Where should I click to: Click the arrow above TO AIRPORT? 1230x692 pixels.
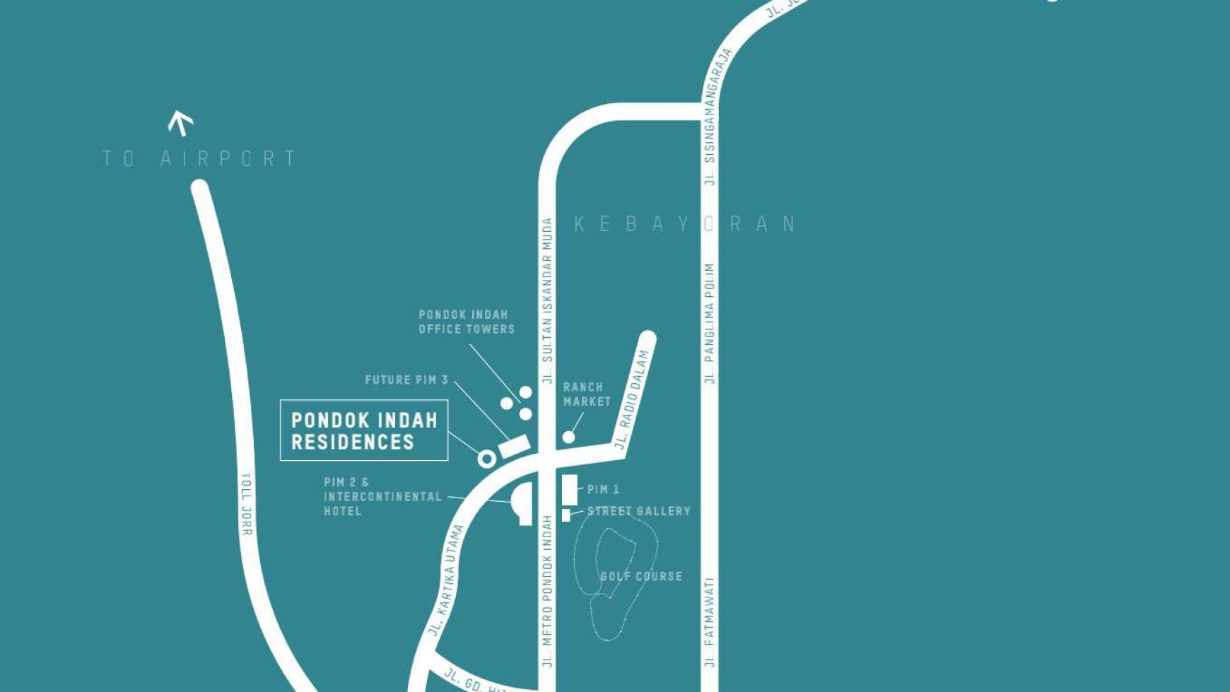coord(181,123)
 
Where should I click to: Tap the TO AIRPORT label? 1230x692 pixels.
coord(199,158)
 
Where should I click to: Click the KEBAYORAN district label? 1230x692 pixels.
coord(685,224)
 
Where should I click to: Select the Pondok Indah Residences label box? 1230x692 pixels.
coord(364,430)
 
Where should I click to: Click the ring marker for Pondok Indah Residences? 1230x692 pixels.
coord(486,459)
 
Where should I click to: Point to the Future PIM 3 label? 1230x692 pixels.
coord(406,380)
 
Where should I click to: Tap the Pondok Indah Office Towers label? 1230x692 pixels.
coord(467,322)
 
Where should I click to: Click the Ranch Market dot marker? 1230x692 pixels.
coord(568,438)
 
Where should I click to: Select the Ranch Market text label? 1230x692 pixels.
coord(587,394)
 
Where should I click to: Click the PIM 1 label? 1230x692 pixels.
coord(603,489)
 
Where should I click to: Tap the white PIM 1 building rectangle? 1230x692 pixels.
coord(570,489)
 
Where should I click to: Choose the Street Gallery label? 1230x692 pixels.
coord(639,511)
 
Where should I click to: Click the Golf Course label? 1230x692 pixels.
coord(641,576)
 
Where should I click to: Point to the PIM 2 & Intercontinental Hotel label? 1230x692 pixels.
coord(382,496)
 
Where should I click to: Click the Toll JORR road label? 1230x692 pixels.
coord(246,504)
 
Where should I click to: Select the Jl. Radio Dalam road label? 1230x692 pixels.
coord(631,399)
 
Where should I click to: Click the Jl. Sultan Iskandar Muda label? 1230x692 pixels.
coord(546,300)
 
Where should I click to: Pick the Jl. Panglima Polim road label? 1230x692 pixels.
coord(710,324)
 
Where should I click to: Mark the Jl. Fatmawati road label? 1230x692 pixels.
coord(710,622)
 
